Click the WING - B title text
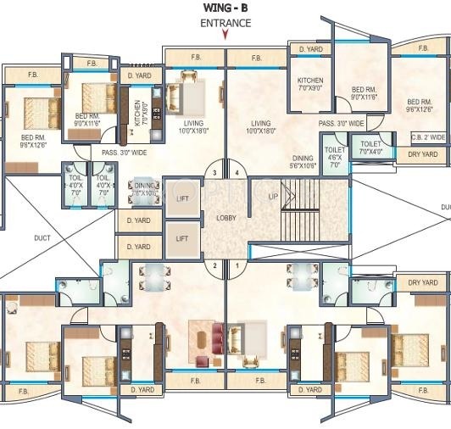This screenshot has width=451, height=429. [225, 8]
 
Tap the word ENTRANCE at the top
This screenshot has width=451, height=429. [225, 23]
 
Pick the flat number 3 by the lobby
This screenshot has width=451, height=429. [215, 173]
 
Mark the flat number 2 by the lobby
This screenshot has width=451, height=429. [215, 265]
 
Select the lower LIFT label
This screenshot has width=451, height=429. [181, 239]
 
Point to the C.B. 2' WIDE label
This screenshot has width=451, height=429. [427, 136]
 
